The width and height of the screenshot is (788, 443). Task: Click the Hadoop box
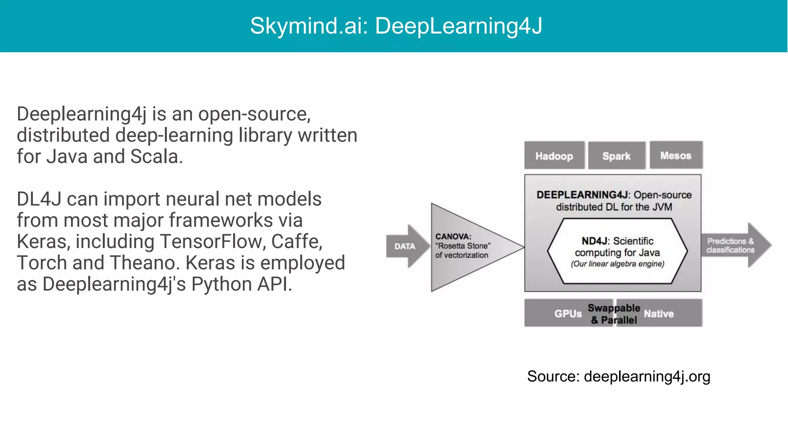554,156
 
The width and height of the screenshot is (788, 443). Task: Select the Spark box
616,156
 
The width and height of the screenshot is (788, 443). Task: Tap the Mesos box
676,155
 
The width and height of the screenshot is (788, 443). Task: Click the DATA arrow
405,246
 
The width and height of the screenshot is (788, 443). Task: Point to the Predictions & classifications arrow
731,245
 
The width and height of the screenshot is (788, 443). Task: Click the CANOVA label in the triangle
453,236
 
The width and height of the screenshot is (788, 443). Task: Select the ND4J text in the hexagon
595,241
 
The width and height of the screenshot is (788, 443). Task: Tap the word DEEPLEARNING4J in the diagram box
582,195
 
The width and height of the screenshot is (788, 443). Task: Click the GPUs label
568,314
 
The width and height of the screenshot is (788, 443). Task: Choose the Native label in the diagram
659,314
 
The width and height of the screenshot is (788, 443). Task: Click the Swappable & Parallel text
614,314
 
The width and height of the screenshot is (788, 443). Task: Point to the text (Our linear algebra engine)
618,264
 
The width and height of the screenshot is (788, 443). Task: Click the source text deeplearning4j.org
647,376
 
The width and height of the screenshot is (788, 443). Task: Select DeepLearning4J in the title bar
458,26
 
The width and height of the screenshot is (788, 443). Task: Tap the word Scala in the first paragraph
156,157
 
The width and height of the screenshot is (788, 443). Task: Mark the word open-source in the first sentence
254,114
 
